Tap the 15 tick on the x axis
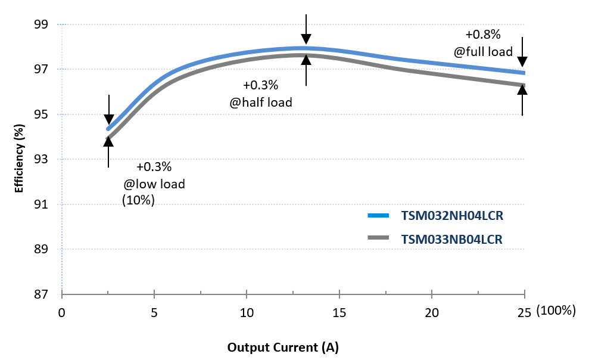coord(339,312)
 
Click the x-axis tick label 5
coord(154,312)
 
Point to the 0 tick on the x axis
coord(61,312)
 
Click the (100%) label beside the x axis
coord(555,311)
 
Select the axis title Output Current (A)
coord(283,347)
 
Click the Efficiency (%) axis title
coord(19,159)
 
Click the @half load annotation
coord(261,103)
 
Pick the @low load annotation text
coord(154,184)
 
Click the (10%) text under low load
coord(138,200)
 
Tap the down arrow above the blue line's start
coord(109,110)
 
